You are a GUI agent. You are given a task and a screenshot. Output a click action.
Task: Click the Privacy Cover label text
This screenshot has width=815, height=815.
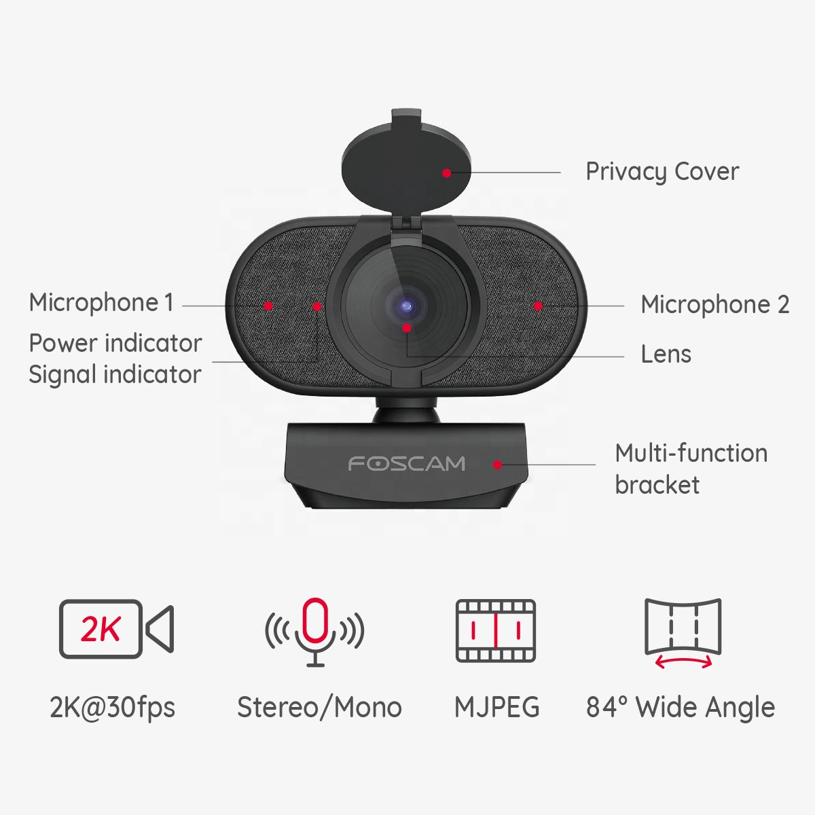pyautogui.click(x=662, y=172)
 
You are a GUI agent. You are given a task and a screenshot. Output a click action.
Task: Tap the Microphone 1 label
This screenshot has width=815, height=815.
pyautogui.click(x=101, y=303)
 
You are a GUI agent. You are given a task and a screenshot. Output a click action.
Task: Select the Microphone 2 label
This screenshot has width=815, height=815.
pyautogui.click(x=714, y=305)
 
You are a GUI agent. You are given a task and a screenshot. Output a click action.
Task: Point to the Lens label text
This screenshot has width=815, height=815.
pyautogui.click(x=666, y=355)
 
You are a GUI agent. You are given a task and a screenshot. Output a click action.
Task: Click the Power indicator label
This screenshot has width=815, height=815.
pyautogui.click(x=115, y=344)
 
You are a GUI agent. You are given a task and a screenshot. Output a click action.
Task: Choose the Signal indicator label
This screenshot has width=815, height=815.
pyautogui.click(x=115, y=375)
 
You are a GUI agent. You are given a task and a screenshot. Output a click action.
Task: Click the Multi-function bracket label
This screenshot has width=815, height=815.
pyautogui.click(x=691, y=469)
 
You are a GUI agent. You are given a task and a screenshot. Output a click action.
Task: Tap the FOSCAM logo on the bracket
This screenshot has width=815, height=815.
pyautogui.click(x=406, y=464)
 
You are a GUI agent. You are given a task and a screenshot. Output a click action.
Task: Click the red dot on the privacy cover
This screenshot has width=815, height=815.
pyautogui.click(x=446, y=173)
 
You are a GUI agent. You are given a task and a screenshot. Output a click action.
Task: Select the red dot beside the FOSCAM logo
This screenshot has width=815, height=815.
pyautogui.click(x=497, y=465)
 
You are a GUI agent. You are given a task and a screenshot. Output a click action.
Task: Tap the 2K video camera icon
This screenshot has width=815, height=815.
pyautogui.click(x=116, y=629)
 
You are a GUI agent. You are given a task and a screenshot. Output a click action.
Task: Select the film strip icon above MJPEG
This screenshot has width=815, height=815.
pyautogui.click(x=496, y=630)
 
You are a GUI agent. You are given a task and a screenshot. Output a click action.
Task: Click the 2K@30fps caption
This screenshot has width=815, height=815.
pyautogui.click(x=112, y=708)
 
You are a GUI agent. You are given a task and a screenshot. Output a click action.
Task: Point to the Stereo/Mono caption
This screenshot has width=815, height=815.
pyautogui.click(x=319, y=708)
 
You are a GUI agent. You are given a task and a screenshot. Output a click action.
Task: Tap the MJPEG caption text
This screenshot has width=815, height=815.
pyautogui.click(x=496, y=708)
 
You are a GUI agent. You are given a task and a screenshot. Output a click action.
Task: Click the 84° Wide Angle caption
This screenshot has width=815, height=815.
pyautogui.click(x=681, y=708)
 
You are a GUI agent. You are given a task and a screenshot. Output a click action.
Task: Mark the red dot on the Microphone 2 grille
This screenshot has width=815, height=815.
pyautogui.click(x=537, y=306)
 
